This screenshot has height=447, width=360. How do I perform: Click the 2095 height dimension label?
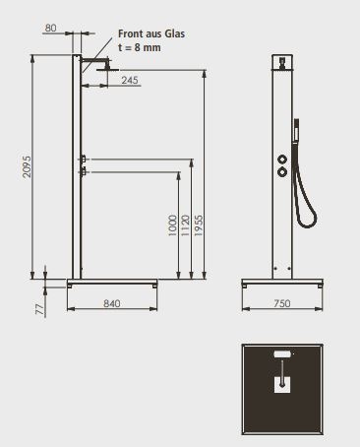[x=27, y=166]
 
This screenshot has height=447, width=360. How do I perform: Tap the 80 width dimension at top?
[x=50, y=28]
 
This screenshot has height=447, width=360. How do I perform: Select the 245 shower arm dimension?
[x=130, y=80]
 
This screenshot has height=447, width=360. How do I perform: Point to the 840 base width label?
[x=112, y=303]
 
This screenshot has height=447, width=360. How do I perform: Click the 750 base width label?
[x=282, y=303]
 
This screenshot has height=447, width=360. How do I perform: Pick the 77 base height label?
[x=39, y=309]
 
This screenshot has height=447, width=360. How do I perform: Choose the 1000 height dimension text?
[x=172, y=225]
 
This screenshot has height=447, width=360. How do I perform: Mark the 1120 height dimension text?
[x=185, y=225]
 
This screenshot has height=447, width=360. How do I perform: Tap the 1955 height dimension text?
[x=199, y=225]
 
